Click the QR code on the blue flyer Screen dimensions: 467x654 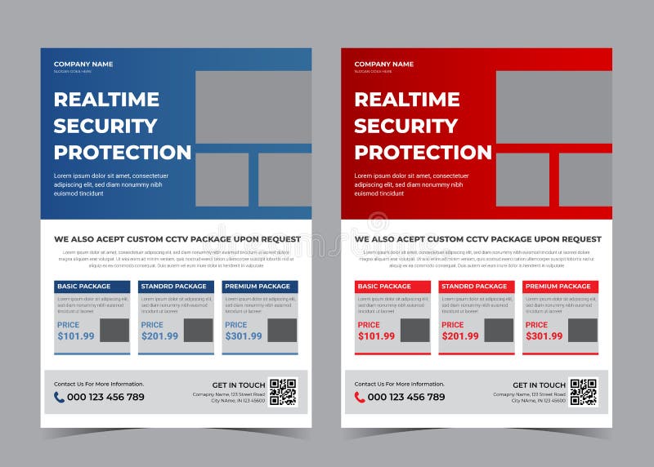coord(283,392)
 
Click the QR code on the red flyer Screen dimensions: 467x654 coord(583,392)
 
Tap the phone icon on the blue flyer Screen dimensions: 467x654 coord(59,398)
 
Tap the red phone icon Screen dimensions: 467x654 coord(360,398)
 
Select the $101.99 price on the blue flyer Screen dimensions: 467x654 coord(76,336)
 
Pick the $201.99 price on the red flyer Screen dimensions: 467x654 coord(460,336)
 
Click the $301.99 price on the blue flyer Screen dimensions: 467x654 coord(244,336)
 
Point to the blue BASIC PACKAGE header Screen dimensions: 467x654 coord(92,287)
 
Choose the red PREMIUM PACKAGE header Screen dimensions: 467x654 coord(560,287)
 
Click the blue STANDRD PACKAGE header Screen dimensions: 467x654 coord(176,287)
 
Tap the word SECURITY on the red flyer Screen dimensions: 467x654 coord(405,126)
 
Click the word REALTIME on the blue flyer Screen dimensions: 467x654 coord(105,100)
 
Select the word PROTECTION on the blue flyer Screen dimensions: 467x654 coord(123,153)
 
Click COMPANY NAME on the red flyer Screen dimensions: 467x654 coord(384,64)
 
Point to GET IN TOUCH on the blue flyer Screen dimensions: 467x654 coord(239,385)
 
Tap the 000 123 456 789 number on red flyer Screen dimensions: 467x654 coord(406,398)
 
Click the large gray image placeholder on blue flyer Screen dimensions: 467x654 coord(253,106)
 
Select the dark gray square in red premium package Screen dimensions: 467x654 coord(583,330)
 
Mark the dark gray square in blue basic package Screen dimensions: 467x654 coord(114,330)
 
